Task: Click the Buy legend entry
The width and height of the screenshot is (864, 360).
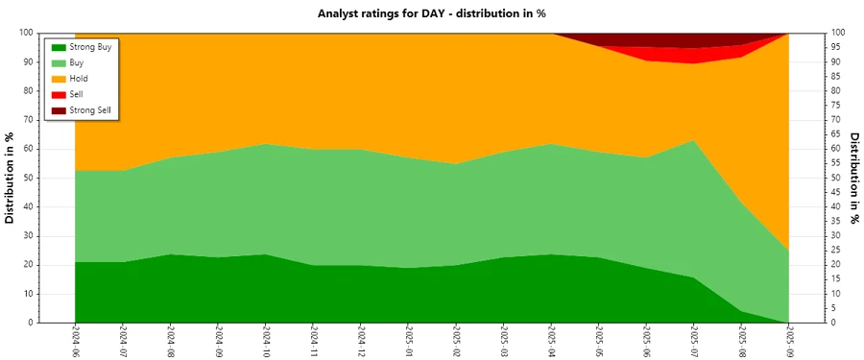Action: click(x=78, y=62)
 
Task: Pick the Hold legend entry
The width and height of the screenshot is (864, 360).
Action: click(x=79, y=79)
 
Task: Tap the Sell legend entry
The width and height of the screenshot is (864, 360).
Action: click(x=77, y=95)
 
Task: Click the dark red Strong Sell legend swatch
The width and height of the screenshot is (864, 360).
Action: click(x=59, y=110)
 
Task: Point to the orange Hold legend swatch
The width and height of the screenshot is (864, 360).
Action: click(x=59, y=79)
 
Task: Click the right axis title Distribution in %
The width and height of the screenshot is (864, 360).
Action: click(x=853, y=178)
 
